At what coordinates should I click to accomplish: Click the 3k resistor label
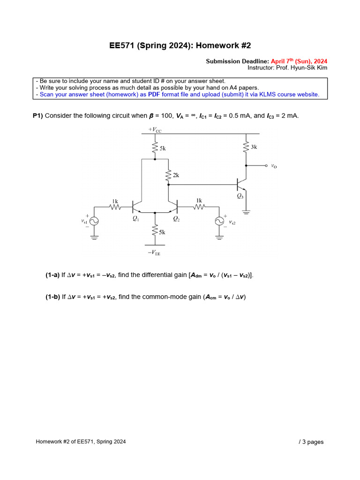click(254, 147)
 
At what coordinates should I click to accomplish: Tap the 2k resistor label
click(176, 175)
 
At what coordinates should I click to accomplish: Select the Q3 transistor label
click(240, 195)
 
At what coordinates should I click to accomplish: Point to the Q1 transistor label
click(135, 218)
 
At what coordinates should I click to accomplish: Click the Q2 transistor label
click(176, 218)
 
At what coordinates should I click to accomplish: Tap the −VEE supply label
click(154, 253)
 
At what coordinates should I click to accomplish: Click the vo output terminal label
click(274, 166)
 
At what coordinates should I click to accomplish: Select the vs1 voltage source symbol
click(94, 221)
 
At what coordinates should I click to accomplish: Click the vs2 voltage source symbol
click(218, 221)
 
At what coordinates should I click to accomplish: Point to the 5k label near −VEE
click(162, 232)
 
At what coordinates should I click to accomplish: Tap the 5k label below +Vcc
click(162, 148)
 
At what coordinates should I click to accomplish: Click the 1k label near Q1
click(114, 201)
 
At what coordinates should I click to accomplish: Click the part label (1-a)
click(52, 275)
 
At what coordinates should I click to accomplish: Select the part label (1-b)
click(52, 297)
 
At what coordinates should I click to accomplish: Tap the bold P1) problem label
click(37, 116)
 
